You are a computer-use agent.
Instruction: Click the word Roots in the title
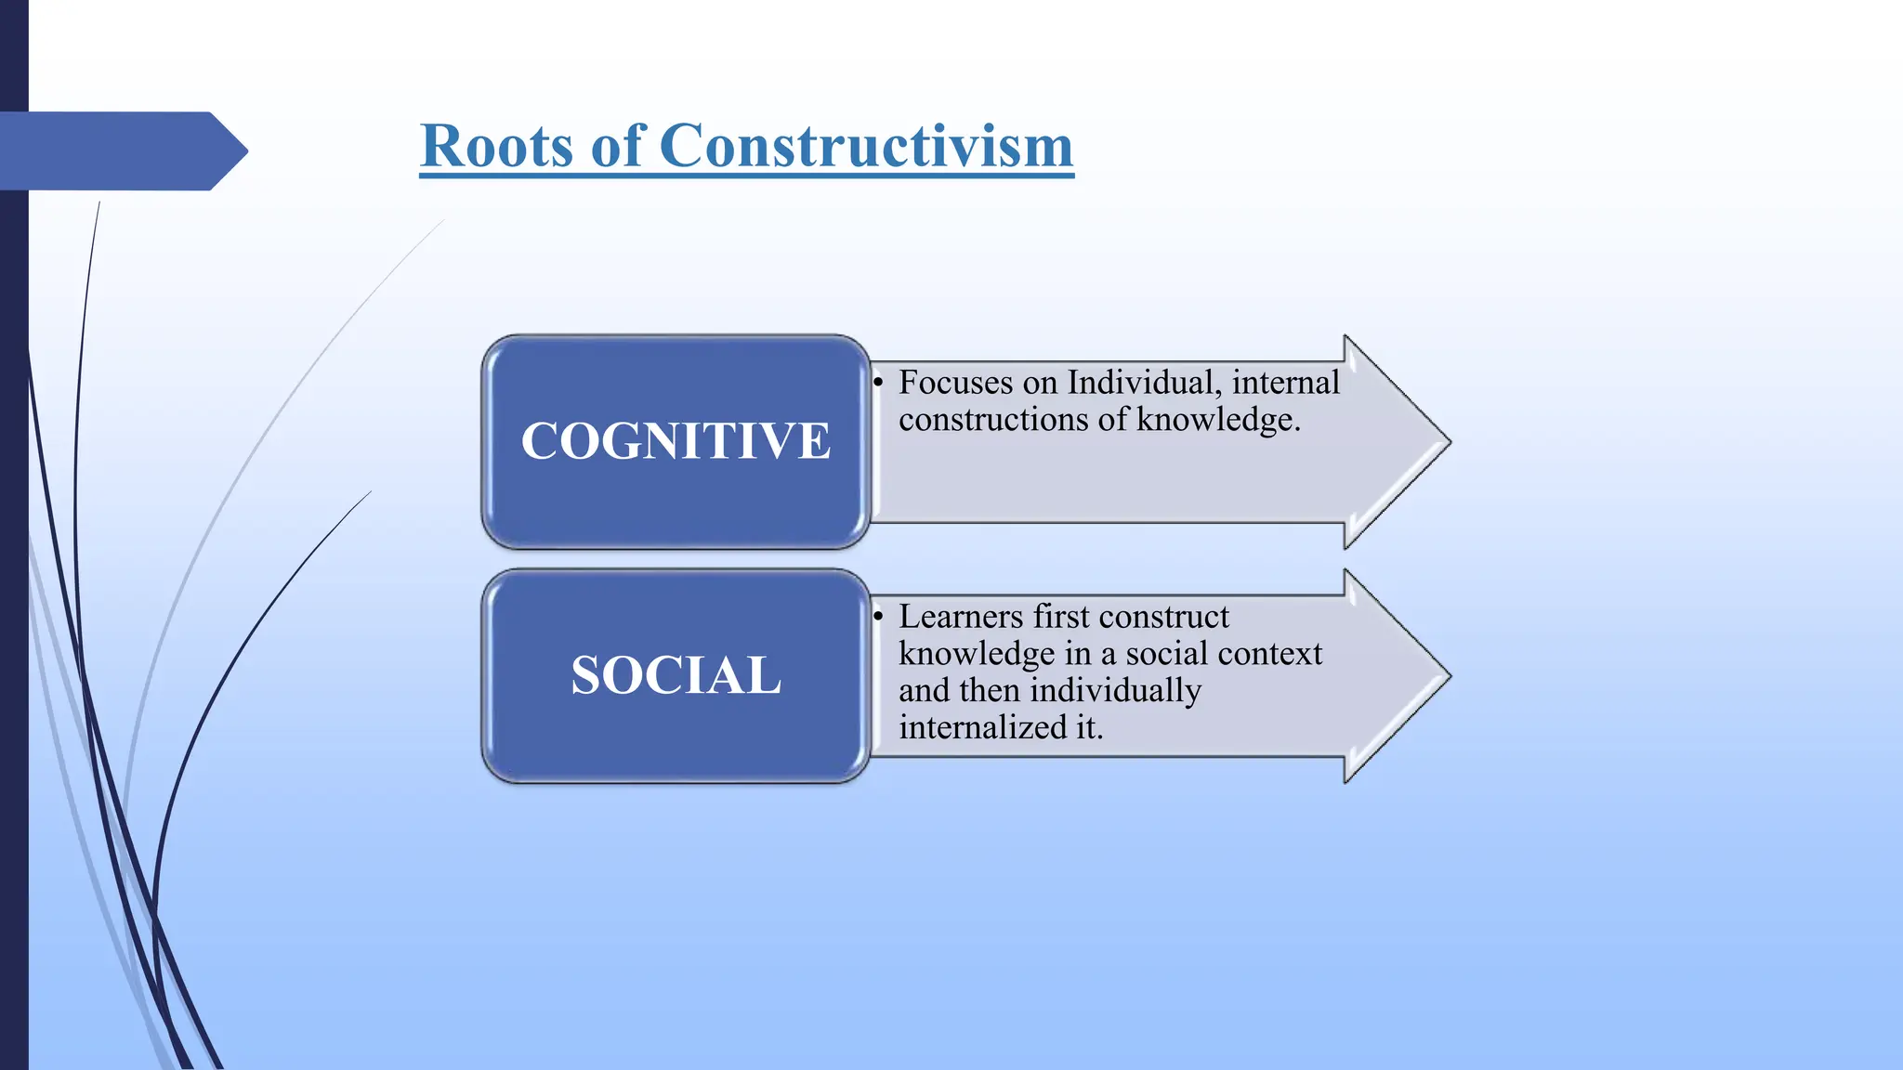pyautogui.click(x=496, y=146)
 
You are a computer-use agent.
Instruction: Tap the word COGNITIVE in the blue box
pyautogui.click(x=676, y=441)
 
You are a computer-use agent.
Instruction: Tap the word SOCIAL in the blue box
pyautogui.click(x=676, y=675)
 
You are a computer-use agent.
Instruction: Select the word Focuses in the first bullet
pyautogui.click(x=955, y=383)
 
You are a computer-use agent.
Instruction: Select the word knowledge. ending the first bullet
pyautogui.click(x=1218, y=420)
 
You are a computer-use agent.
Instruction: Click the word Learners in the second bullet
pyautogui.click(x=960, y=617)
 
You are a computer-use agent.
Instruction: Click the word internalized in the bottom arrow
pyautogui.click(x=983, y=728)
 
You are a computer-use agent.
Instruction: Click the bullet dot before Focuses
pyautogui.click(x=877, y=383)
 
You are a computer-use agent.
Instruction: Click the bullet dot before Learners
pyautogui.click(x=877, y=617)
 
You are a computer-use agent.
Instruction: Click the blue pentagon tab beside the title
pyautogui.click(x=121, y=150)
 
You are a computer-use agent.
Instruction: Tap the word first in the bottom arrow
pyautogui.click(x=1074, y=617)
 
